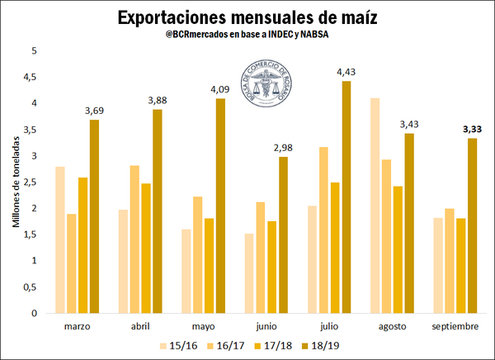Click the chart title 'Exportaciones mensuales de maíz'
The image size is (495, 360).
[247, 17]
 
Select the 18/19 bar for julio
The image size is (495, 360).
[346, 197]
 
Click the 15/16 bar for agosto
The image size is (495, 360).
[375, 206]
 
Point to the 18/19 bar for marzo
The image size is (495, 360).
[94, 216]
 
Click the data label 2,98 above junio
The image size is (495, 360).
[282, 149]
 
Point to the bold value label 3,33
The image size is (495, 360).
[473, 130]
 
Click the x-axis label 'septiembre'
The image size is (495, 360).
[455, 326]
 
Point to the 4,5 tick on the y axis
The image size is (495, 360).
[32, 77]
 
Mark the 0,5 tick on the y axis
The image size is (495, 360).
[32, 287]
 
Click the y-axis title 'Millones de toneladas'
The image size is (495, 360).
[15, 181]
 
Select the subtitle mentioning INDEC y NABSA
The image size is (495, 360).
[247, 37]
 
